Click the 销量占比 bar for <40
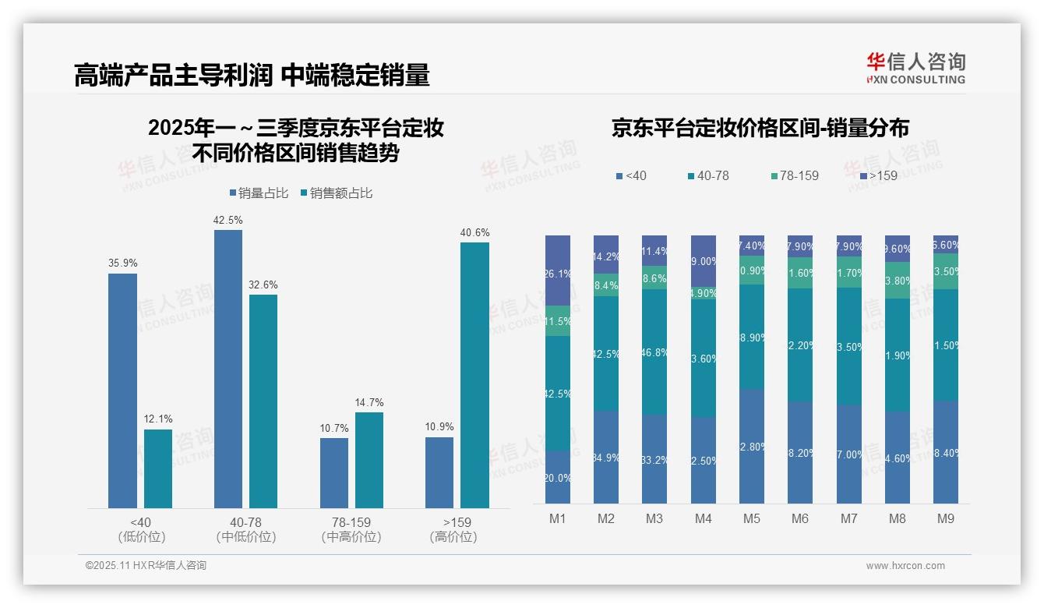click(x=122, y=391)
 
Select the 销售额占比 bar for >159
click(x=474, y=375)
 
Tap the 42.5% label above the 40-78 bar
click(x=227, y=221)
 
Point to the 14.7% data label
click(x=369, y=402)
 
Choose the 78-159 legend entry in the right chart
click(x=794, y=176)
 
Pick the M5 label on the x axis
click(x=752, y=518)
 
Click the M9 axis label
click(x=946, y=518)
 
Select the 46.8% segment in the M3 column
click(x=654, y=352)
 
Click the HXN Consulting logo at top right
click(x=915, y=68)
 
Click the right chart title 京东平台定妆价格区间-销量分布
click(x=760, y=128)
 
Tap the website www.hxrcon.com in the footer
click(x=905, y=566)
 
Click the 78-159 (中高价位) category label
click(x=351, y=529)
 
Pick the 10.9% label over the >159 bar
click(x=439, y=427)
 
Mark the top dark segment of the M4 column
click(x=704, y=260)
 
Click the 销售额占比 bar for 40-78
click(x=263, y=401)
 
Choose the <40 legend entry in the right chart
click(x=632, y=176)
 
